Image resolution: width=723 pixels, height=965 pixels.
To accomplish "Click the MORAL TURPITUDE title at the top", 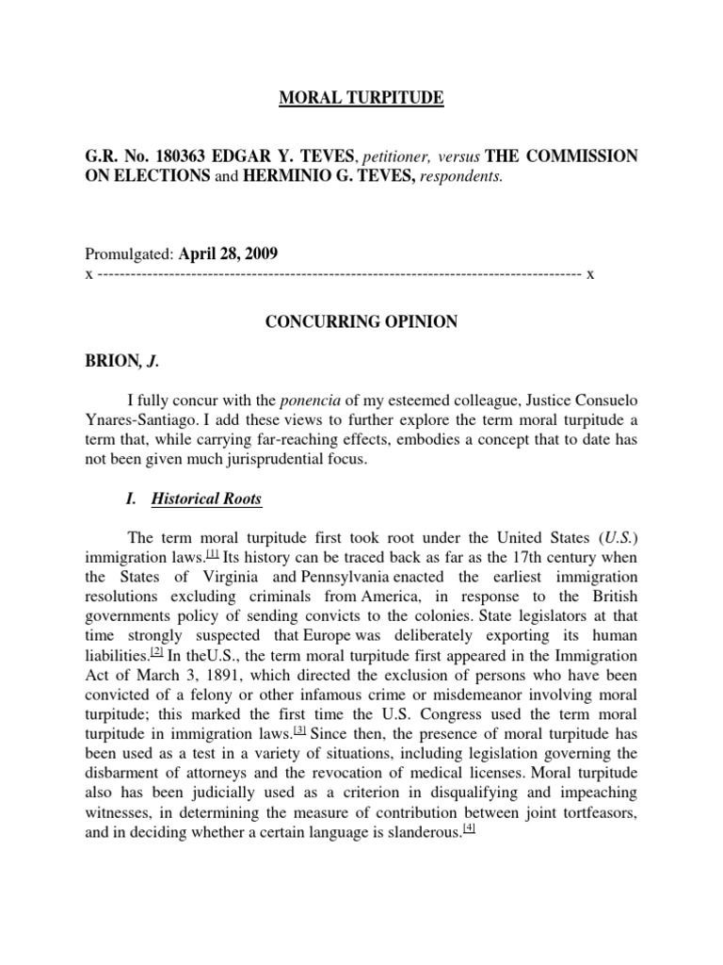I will click(361, 98).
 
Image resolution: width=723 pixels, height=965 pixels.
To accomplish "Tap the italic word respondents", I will click(455, 177).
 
